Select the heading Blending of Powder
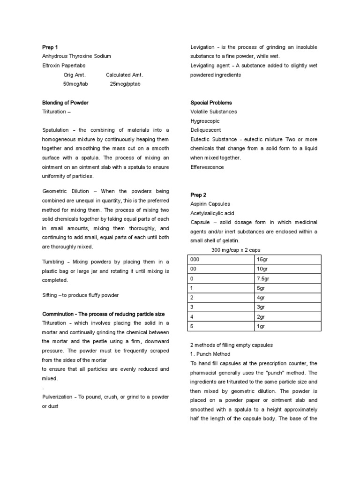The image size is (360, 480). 65,103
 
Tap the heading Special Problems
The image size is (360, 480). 211,103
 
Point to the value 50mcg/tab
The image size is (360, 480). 75,84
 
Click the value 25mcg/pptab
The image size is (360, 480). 125,84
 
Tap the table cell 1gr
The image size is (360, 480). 261,325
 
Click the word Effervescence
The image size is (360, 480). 207,167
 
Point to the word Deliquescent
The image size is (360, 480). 206,130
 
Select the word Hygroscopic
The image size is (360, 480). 205,121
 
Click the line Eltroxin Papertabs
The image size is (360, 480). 64,66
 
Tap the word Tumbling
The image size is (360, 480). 53,262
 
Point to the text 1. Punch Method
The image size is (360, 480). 210,354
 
